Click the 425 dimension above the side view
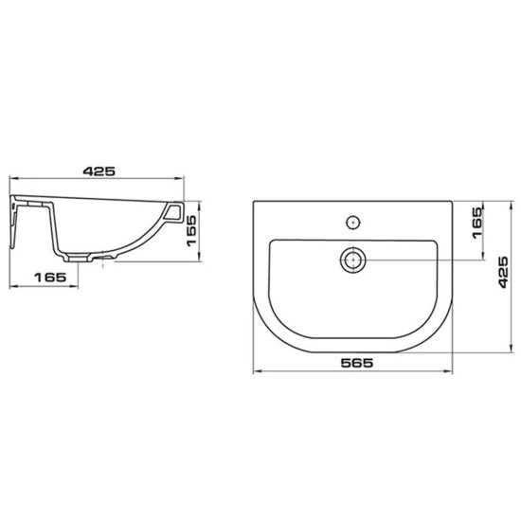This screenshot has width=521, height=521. point(99,171)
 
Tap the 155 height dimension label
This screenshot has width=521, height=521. point(191,230)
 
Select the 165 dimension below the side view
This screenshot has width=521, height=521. point(50,278)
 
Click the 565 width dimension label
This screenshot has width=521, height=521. point(357,363)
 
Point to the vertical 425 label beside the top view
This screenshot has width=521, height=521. point(503,272)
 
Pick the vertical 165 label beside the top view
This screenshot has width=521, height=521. point(476,223)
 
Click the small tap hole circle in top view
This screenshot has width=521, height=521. point(353,223)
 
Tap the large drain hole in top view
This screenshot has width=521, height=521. point(353,260)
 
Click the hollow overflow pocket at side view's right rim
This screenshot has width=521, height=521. point(173,212)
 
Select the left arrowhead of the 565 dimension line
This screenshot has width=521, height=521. point(257,371)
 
